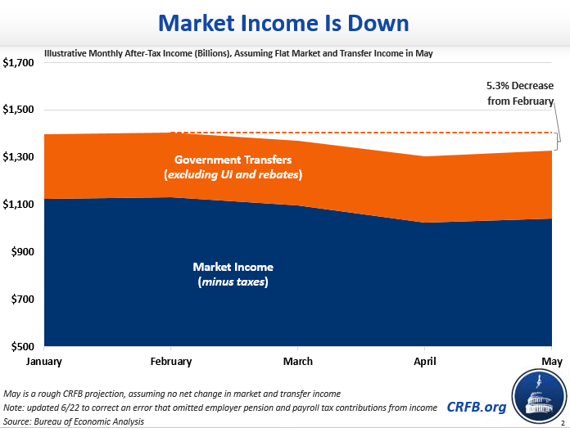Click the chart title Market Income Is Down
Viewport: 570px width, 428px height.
pyautogui.click(x=284, y=22)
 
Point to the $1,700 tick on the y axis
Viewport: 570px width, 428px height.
pyautogui.click(x=20, y=63)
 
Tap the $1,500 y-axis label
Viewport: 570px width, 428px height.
pyautogui.click(x=20, y=110)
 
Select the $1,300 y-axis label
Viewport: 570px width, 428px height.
pyautogui.click(x=20, y=157)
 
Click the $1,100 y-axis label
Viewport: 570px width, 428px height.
pyautogui.click(x=20, y=205)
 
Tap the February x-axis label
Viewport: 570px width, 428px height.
pyautogui.click(x=171, y=361)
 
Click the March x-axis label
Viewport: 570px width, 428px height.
pyautogui.click(x=297, y=361)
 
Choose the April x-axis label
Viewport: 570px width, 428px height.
pyautogui.click(x=423, y=361)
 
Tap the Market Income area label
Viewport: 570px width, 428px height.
pyautogui.click(x=233, y=274)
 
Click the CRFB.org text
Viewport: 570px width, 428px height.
pyautogui.click(x=476, y=406)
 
